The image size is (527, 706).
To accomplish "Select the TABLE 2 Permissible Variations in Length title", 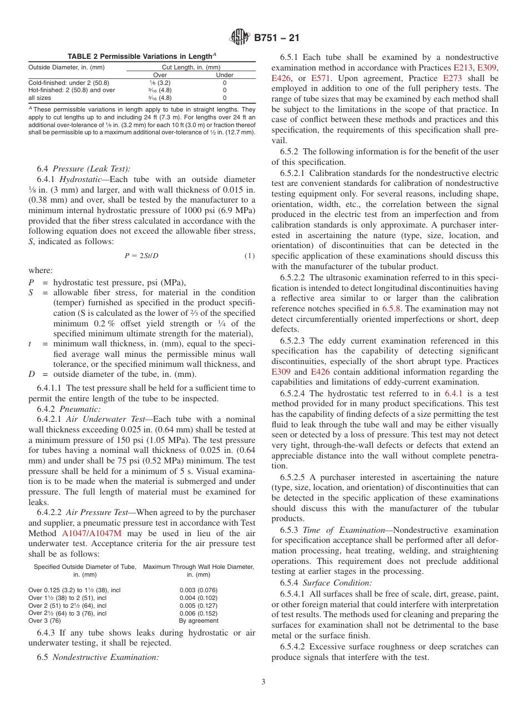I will tap(141, 57).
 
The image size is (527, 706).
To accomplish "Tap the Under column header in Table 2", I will tap(224, 75).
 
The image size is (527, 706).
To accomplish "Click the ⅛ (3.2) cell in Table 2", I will tap(160, 82).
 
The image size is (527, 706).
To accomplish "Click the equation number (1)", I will tap(250, 255).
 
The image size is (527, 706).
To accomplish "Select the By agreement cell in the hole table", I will tap(199, 621).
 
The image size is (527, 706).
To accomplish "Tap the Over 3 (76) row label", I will tap(45, 621).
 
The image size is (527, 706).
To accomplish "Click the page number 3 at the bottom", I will tap(263, 682).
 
